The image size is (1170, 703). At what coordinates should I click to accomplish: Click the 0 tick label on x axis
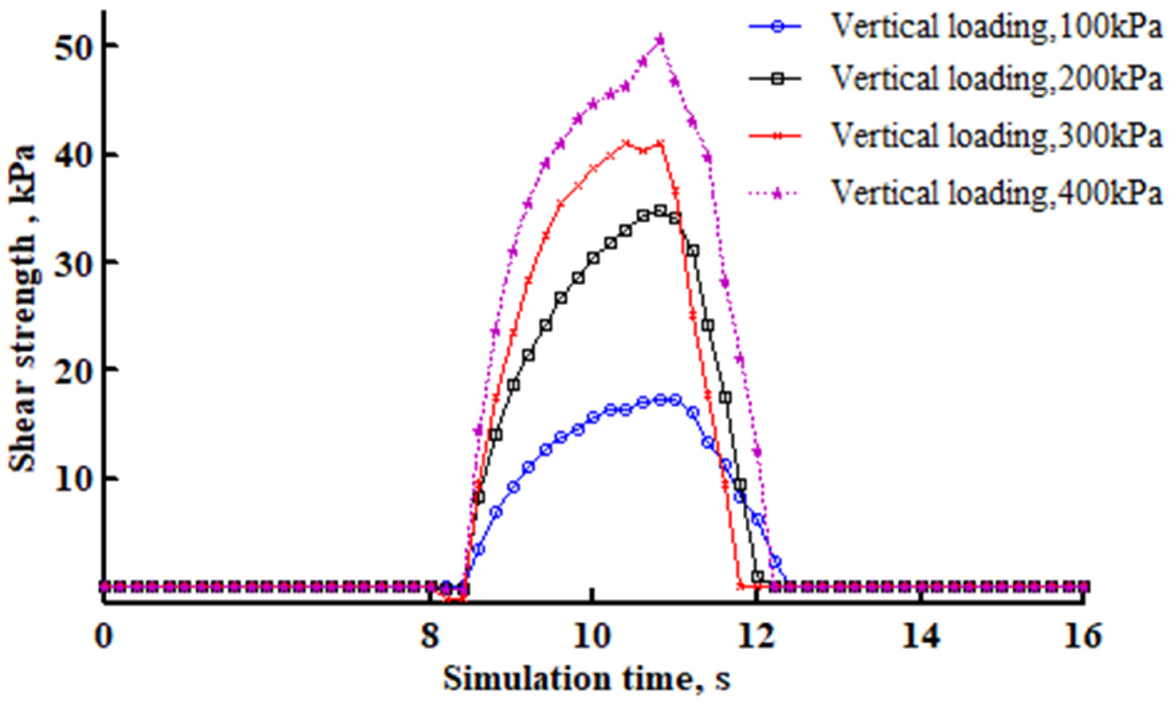104,637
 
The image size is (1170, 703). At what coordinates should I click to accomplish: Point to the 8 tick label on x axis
429,637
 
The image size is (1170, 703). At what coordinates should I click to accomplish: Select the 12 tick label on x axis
757,637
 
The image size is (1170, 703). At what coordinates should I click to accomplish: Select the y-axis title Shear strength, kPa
23,308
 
